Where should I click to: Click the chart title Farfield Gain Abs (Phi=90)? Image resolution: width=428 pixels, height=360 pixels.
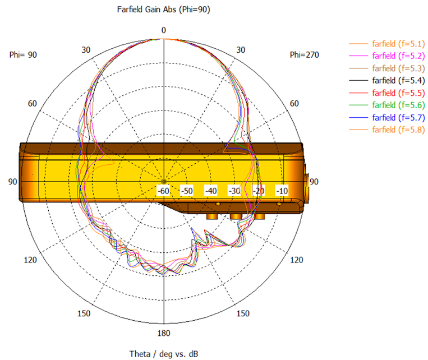pos(163,10)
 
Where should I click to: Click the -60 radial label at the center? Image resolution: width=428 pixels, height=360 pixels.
pos(163,191)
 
